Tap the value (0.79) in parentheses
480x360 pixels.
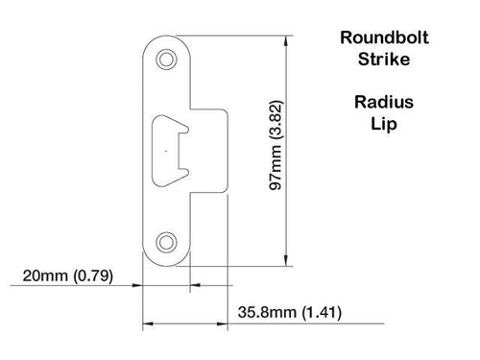coord(93,276)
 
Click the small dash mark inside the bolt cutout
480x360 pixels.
coord(167,152)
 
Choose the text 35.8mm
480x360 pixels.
coord(264,313)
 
